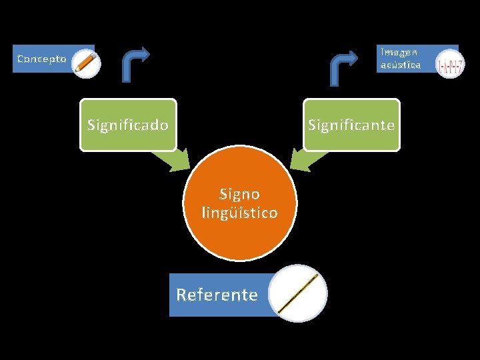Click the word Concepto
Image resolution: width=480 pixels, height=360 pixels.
pos(41,59)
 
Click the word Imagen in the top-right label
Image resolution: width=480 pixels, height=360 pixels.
pos(399,52)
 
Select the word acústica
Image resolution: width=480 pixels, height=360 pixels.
pos(400,65)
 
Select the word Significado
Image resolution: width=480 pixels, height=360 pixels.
pos(128,125)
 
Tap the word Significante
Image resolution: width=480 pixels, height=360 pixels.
pos(351,125)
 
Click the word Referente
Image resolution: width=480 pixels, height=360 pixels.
pos(217,295)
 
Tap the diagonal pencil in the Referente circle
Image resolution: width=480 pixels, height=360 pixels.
pos(298,293)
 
